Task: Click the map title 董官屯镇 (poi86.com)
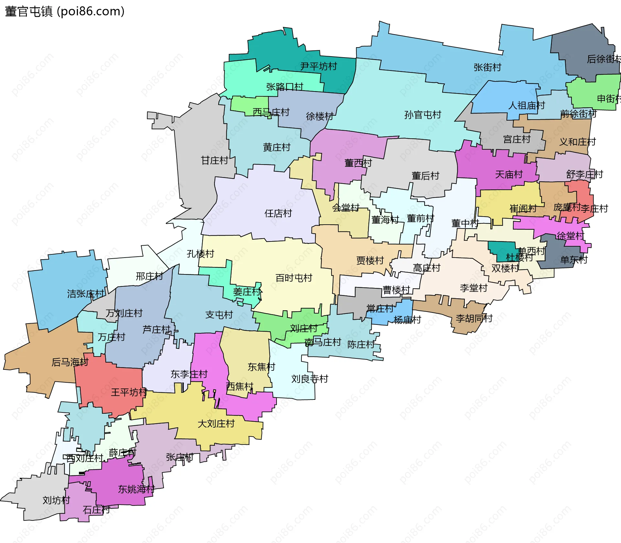coord(65,12)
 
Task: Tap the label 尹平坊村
coord(318,66)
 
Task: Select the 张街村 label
coord(487,67)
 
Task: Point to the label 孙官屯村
coord(422,115)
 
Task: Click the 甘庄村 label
coord(214,160)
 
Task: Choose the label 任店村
coord(278,213)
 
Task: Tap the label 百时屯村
coord(294,278)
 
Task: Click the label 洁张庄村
coord(86,294)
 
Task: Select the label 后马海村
coord(70,362)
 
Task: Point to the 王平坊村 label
coord(129,392)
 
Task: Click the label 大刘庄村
coord(216,424)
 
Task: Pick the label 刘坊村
coord(56,500)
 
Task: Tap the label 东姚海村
coord(136,489)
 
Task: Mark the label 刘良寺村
coord(310,379)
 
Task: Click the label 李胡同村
coord(474,318)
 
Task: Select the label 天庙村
coord(508,175)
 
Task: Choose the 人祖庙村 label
coord(526,105)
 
